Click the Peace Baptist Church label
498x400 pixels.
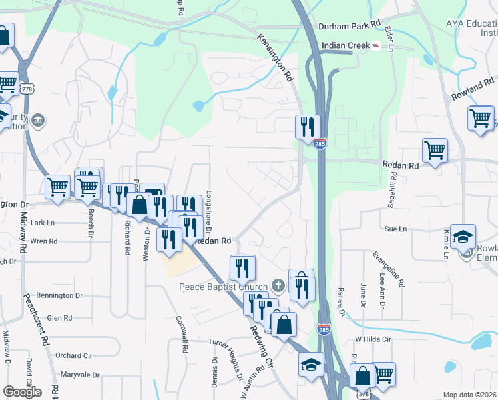pyautogui.click(x=224, y=287)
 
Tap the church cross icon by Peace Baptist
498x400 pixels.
pyautogui.click(x=278, y=287)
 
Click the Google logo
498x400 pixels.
pyautogui.click(x=22, y=392)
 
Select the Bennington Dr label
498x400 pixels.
pyautogui.click(x=59, y=295)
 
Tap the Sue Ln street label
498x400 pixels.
pyautogui.click(x=395, y=229)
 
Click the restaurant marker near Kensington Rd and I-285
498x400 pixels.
pyautogui.click(x=308, y=127)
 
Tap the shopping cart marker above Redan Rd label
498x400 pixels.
pyautogui.click(x=435, y=150)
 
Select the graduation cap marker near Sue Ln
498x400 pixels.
pyautogui.click(x=463, y=236)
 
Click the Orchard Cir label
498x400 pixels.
pyautogui.click(x=73, y=355)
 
